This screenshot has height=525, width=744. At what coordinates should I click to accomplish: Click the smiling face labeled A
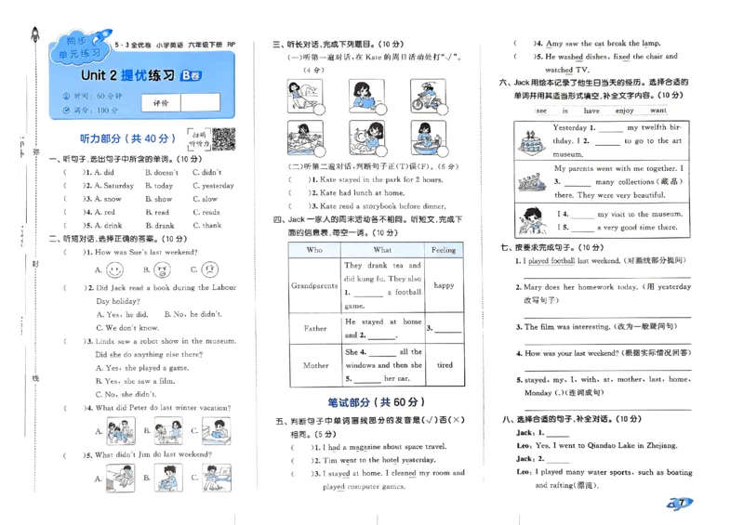click(x=114, y=270)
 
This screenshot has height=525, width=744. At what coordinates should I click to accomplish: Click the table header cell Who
click(x=314, y=250)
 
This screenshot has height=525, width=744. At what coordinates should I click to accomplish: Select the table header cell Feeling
click(x=444, y=250)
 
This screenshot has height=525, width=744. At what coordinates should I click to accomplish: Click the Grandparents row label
click(x=314, y=286)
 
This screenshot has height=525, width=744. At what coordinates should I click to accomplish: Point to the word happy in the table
click(x=444, y=286)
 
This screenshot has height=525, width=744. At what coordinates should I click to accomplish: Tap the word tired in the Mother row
click(x=444, y=365)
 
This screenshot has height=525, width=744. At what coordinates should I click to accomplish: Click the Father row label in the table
click(x=314, y=328)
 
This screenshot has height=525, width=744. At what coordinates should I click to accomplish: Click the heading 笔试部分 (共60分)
click(x=376, y=401)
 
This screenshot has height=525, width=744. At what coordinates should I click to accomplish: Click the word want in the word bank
click(x=658, y=110)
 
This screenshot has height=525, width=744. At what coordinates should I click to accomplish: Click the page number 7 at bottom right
click(x=683, y=503)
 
